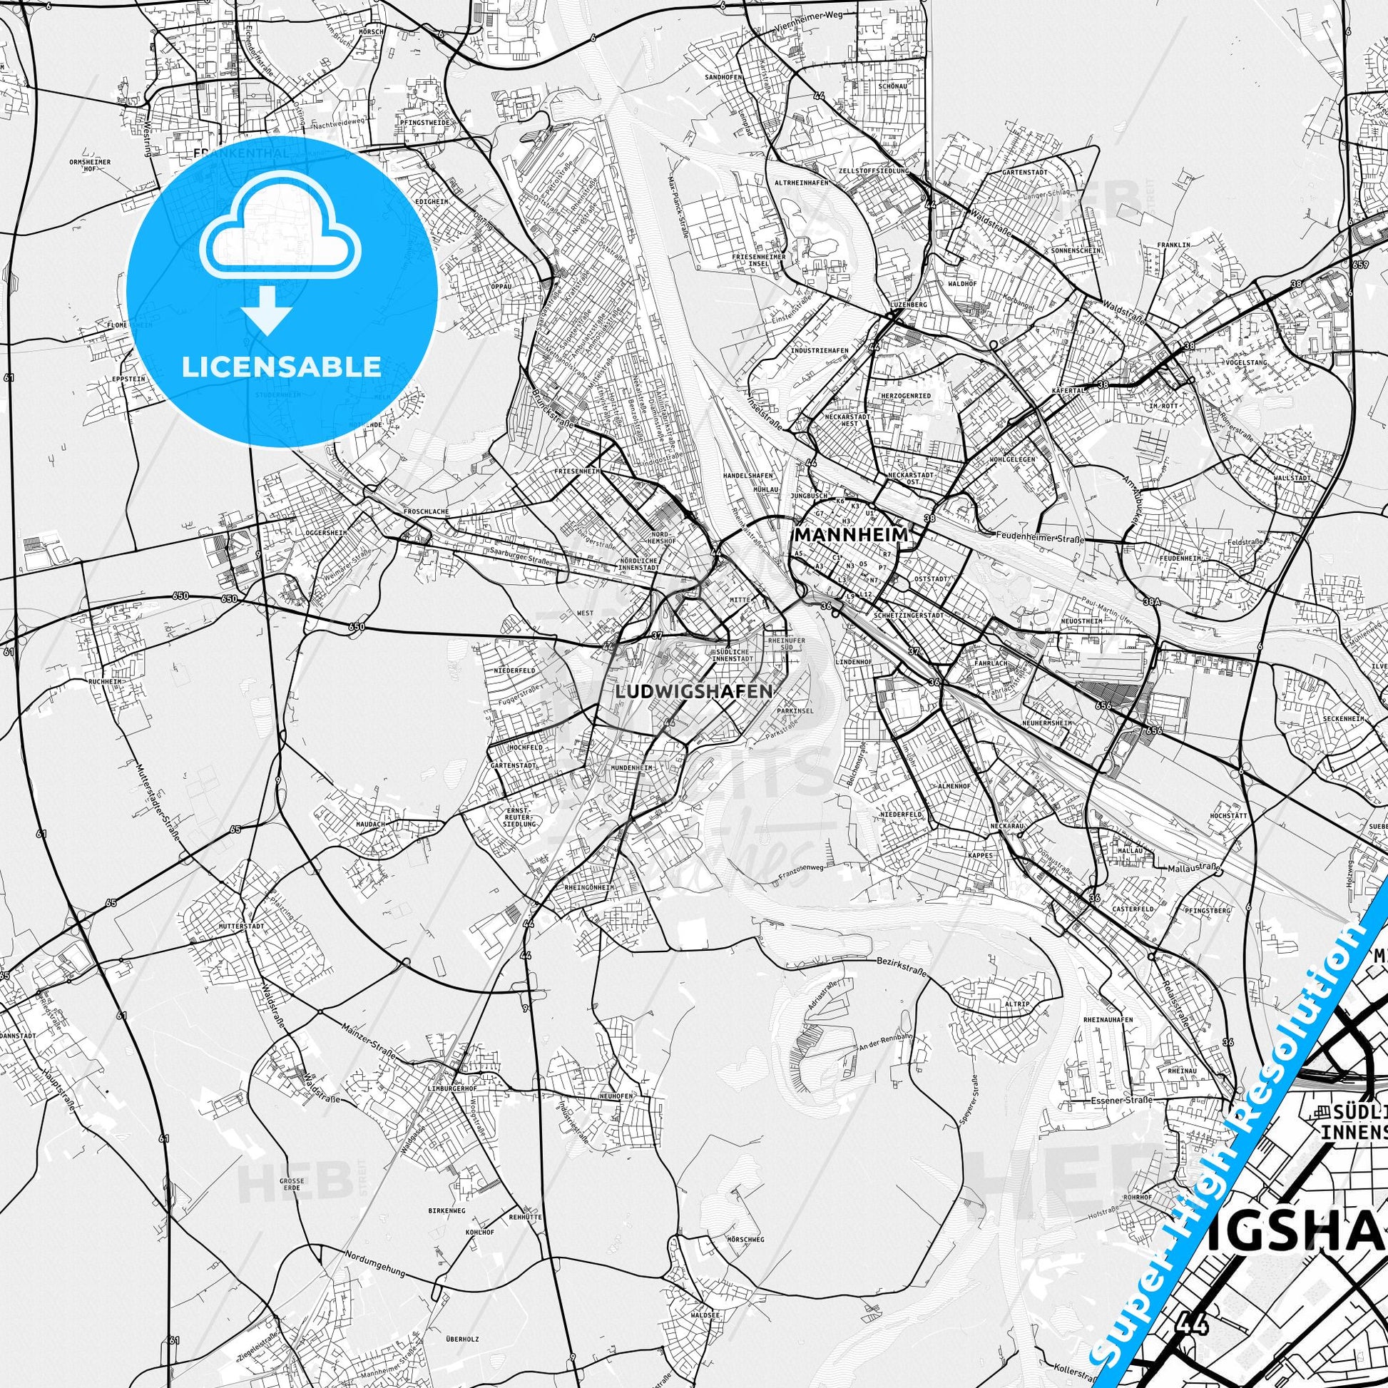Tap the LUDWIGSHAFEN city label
(694, 691)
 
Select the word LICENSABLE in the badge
(282, 367)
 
